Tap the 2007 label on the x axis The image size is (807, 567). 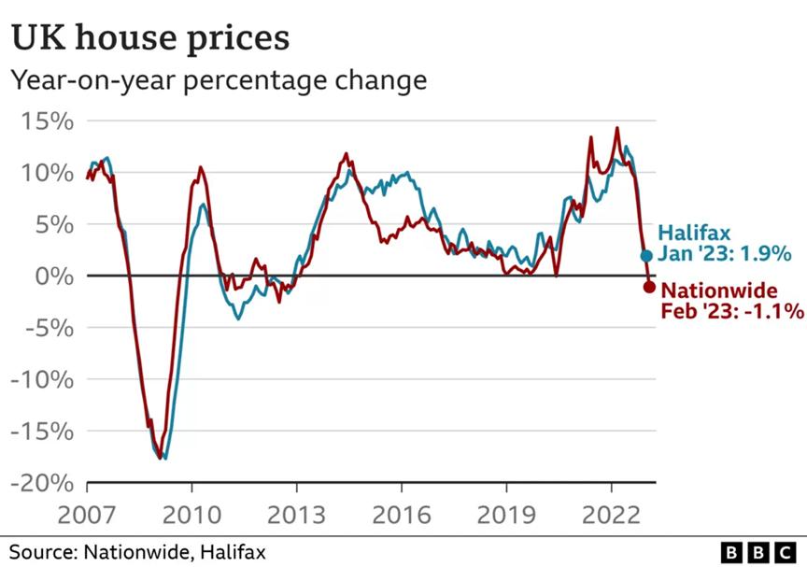tap(87, 515)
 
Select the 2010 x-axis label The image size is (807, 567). tap(191, 515)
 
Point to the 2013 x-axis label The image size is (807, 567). tap(296, 515)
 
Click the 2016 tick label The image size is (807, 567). tap(401, 515)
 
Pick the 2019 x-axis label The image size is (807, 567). tap(505, 515)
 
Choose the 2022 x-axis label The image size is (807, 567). tap(610, 515)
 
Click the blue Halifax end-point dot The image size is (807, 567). tap(646, 255)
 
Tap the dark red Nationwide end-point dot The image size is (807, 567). tap(649, 287)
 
